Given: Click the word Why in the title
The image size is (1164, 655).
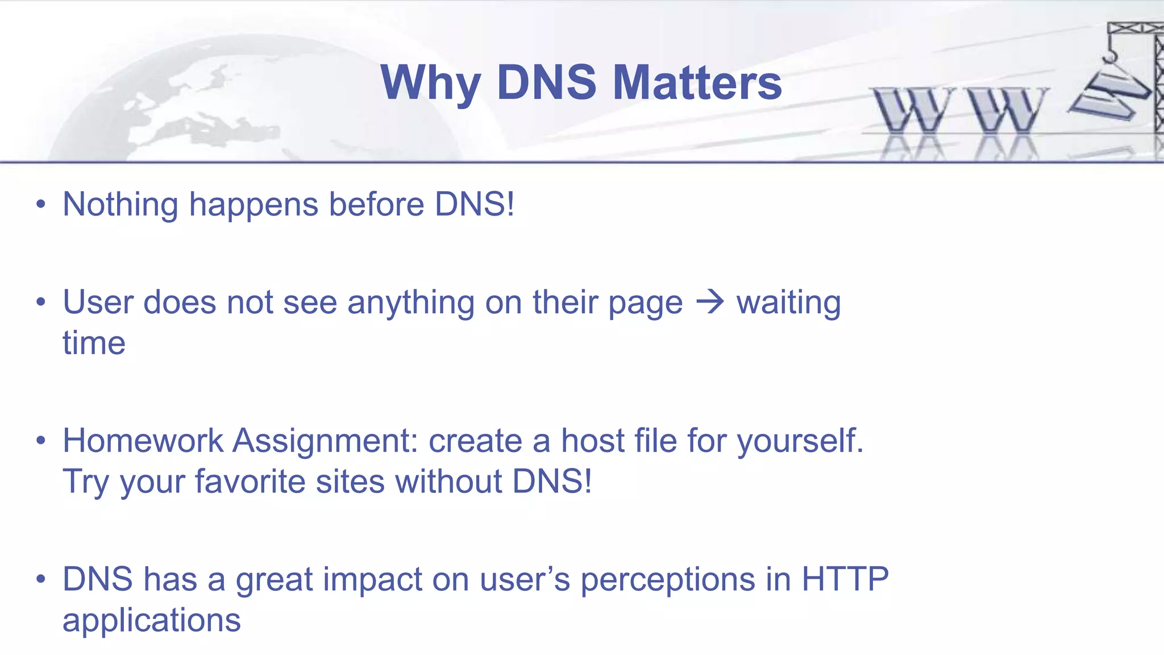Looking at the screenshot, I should click(x=431, y=82).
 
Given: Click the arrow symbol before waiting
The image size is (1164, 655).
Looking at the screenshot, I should click(x=710, y=302).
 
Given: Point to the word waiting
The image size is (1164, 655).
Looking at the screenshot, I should click(x=788, y=303).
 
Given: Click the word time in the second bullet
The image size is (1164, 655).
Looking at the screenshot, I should click(x=94, y=343).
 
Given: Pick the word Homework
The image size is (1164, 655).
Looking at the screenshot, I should click(x=143, y=441).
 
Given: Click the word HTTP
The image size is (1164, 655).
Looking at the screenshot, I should click(x=845, y=579).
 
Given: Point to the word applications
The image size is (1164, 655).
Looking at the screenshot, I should click(x=151, y=621).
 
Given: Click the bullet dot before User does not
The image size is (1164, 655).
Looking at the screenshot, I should click(x=40, y=302).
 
